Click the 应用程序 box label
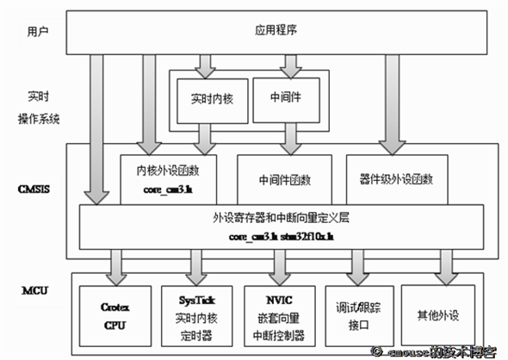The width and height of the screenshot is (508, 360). [x=276, y=30]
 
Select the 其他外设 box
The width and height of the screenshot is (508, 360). [x=441, y=313]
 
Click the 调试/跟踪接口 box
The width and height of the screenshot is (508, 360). [x=358, y=313]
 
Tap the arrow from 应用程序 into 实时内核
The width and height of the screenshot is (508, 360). [x=204, y=64]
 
